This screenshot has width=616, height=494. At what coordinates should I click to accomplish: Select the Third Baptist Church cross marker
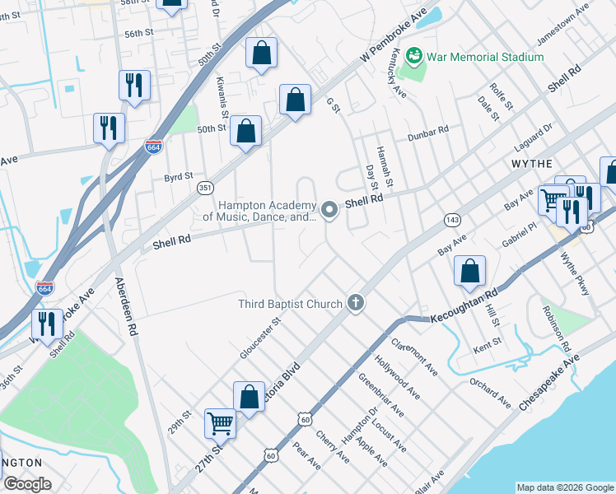pyautogui.click(x=356, y=304)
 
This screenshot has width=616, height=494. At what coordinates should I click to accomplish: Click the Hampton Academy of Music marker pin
pyautogui.click(x=329, y=211)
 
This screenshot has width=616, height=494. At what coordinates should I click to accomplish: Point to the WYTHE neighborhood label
pyautogui.click(x=531, y=164)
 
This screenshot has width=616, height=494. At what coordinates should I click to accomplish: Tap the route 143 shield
pyautogui.click(x=452, y=220)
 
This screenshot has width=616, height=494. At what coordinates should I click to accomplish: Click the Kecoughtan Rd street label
pyautogui.click(x=464, y=306)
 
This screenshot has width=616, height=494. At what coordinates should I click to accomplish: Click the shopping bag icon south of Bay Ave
pyautogui.click(x=469, y=270)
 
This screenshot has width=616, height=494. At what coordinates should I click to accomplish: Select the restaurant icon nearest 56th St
pyautogui.click(x=133, y=84)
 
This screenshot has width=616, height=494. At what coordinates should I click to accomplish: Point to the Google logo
pyautogui.click(x=27, y=484)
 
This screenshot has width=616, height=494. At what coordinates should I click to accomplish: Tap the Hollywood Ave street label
pyautogui.click(x=398, y=379)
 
